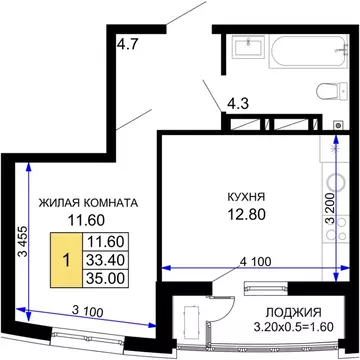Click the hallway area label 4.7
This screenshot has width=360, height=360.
click(x=128, y=43)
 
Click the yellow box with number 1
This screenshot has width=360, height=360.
click(x=66, y=258)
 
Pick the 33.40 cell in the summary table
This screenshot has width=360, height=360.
click(x=104, y=258)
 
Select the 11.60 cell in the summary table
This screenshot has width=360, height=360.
click(x=104, y=241)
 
